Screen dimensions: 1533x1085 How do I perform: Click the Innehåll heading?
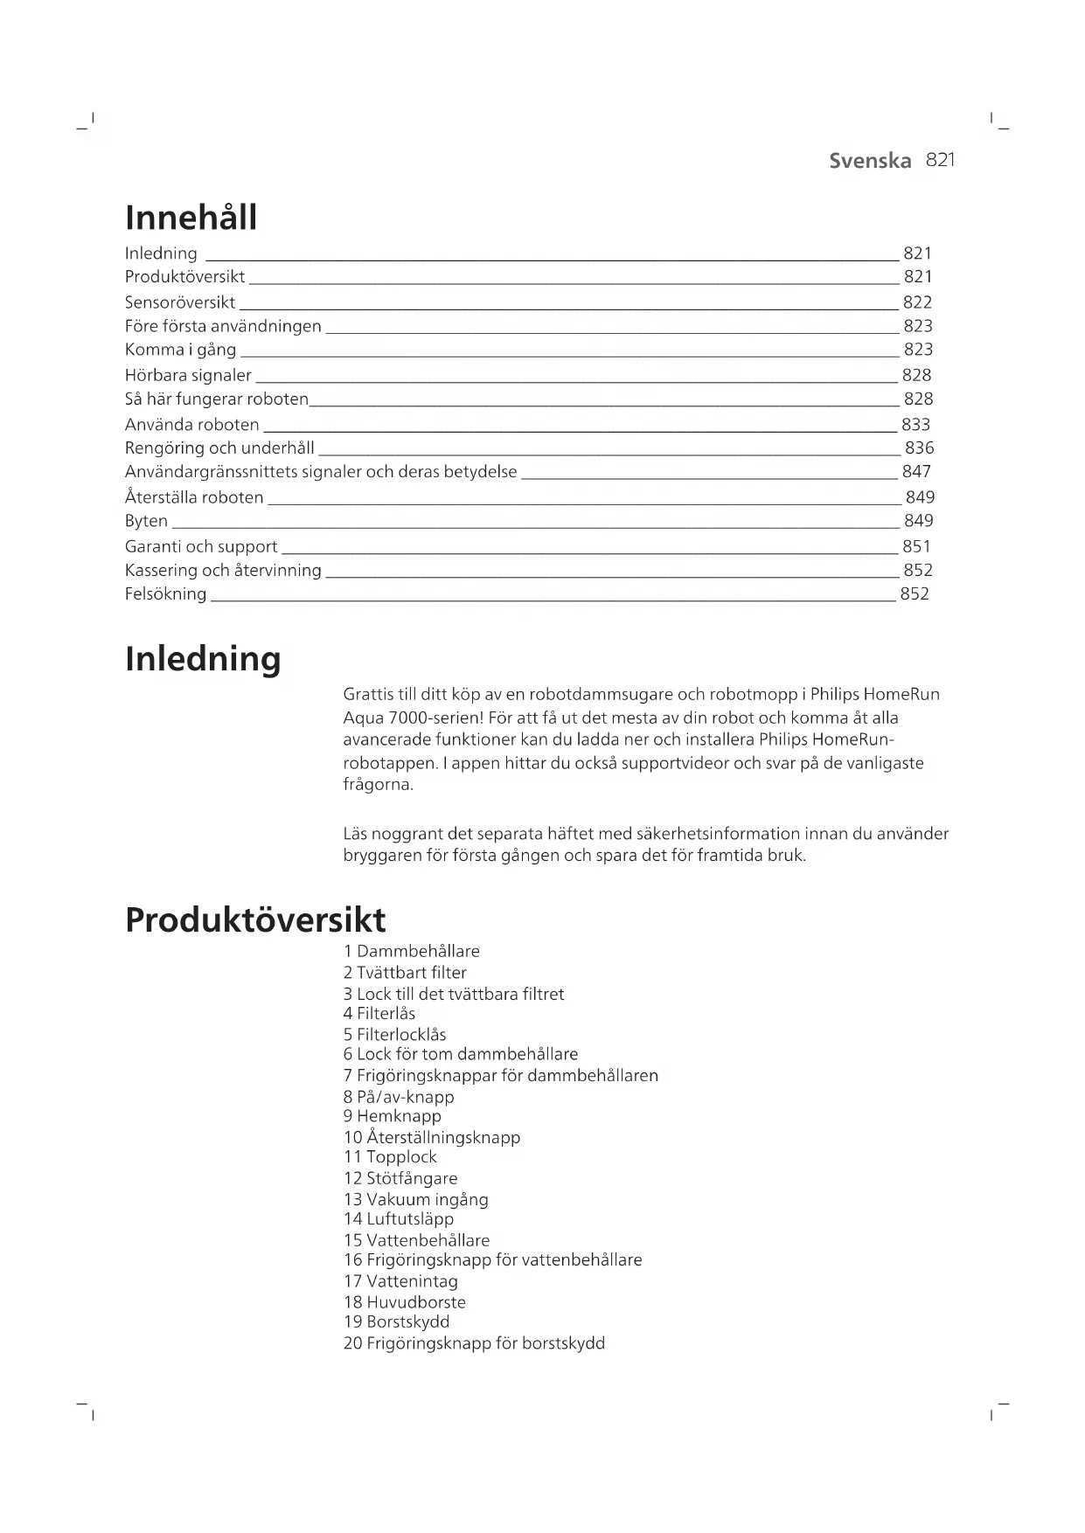tap(191, 217)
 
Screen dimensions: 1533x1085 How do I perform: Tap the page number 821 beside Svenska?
tap(940, 160)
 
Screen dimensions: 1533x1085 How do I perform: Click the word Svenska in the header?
tap(869, 161)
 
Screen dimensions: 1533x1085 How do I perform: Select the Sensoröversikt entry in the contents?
tap(179, 302)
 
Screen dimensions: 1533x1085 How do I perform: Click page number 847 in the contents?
tap(916, 472)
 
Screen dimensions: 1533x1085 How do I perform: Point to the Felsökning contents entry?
tap(165, 594)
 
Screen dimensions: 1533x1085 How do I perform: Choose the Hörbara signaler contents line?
tap(187, 375)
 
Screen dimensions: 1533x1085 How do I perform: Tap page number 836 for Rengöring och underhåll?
tap(919, 448)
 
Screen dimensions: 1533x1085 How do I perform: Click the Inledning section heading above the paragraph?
tap(203, 658)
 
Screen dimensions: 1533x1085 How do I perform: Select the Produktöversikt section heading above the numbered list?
tap(254, 919)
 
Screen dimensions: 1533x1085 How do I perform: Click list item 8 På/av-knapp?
tap(399, 1097)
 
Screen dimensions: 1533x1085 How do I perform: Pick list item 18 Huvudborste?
tap(404, 1302)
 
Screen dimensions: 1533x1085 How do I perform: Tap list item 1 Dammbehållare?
tap(411, 951)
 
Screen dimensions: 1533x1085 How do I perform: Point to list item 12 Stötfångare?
tap(400, 1178)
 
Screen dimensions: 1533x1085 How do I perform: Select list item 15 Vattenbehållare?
tap(416, 1240)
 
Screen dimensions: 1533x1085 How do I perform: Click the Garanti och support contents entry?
tap(200, 547)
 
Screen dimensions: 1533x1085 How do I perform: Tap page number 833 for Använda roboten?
tap(915, 425)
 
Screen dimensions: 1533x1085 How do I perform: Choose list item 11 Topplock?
tap(390, 1157)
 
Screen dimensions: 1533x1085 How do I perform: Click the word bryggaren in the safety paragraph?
tap(382, 856)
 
